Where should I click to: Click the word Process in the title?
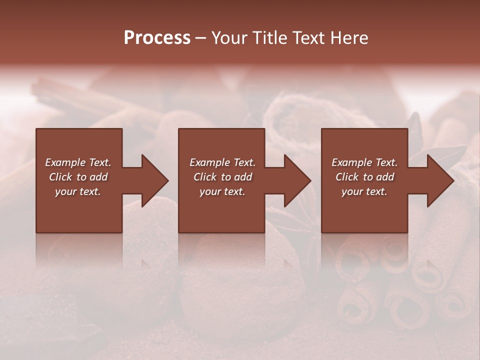(157, 38)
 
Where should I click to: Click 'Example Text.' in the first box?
(78, 162)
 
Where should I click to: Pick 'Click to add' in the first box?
(78, 177)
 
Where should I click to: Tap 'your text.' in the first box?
(78, 191)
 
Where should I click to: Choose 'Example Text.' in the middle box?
(222, 162)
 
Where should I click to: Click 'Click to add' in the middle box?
(222, 177)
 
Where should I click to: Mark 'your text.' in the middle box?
(222, 191)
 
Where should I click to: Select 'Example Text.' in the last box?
(364, 162)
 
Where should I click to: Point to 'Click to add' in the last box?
(364, 177)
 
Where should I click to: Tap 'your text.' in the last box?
(364, 191)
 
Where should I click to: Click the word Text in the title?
(309, 38)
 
